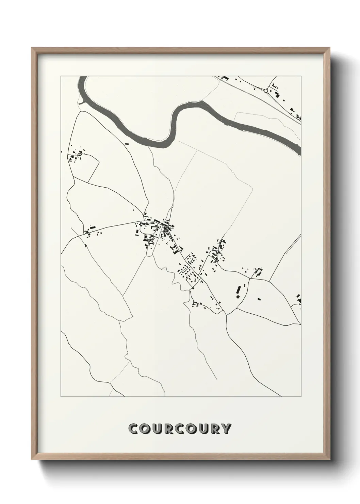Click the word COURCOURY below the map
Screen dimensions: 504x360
pos(180,429)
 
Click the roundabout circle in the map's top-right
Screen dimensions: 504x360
pos(266,91)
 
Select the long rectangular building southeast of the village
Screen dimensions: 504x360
pos(239,290)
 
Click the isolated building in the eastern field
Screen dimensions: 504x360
pos(259,299)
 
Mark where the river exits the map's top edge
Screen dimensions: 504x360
pos(82,77)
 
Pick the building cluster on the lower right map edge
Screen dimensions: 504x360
pos(299,299)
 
